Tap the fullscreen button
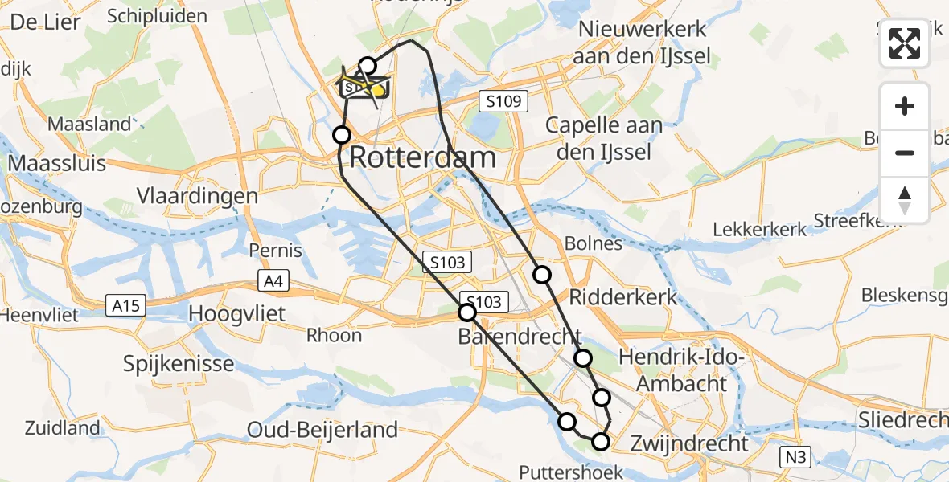(x=905, y=43)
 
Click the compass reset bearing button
(x=905, y=199)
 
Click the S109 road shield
(x=504, y=101)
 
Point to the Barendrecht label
(x=520, y=336)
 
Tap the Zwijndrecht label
(x=689, y=443)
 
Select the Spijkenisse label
(x=179, y=363)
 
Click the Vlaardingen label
(x=197, y=196)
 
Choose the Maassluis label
(x=57, y=164)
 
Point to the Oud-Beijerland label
(x=322, y=430)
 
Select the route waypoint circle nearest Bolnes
(x=542, y=275)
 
